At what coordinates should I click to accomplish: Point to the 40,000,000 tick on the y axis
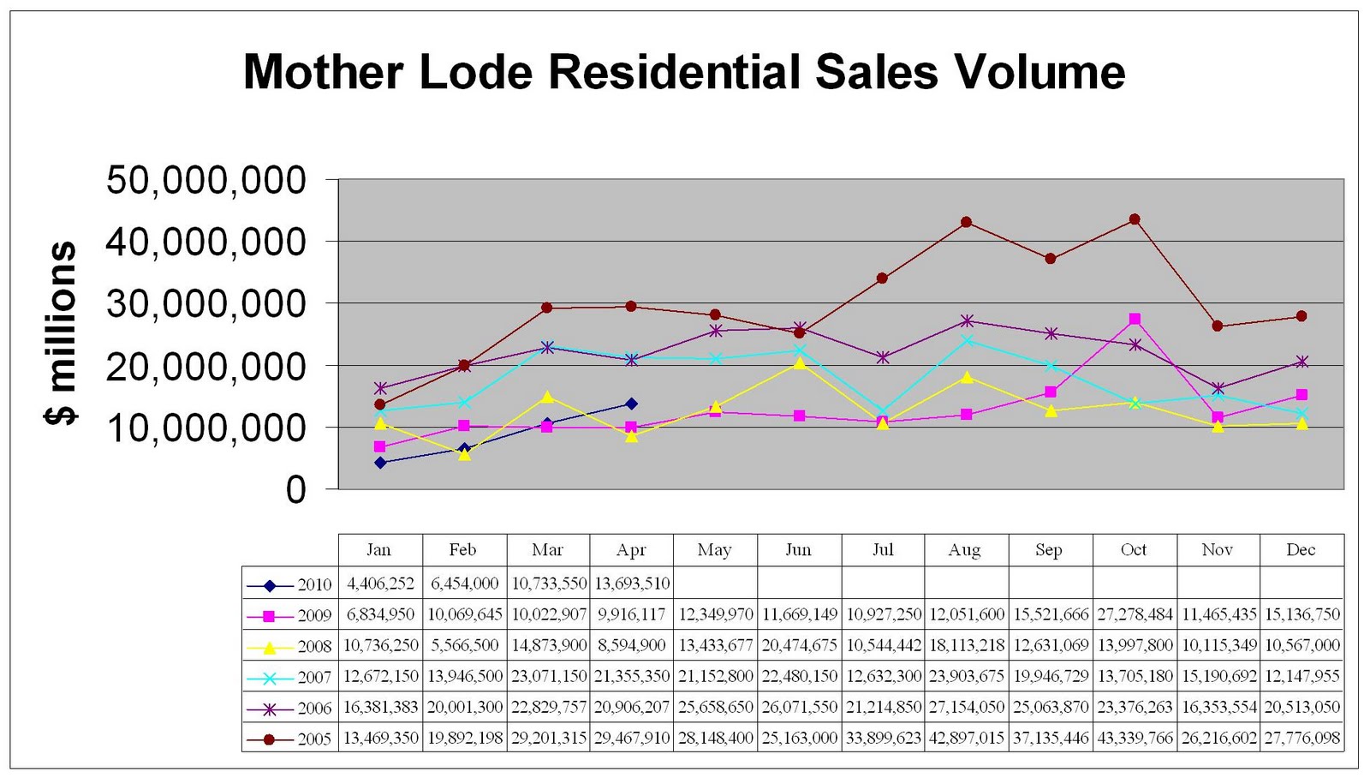(x=205, y=242)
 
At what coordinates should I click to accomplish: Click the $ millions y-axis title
(x=61, y=333)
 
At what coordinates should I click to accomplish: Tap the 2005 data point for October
(x=1135, y=219)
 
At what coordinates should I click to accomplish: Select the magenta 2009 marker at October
(x=1135, y=319)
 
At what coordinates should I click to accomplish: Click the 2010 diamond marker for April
(x=631, y=404)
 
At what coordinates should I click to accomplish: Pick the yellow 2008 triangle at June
(x=799, y=363)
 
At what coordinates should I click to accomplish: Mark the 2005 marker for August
(x=966, y=222)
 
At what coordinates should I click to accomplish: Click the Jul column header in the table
(x=882, y=550)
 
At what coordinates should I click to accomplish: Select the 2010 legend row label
(x=314, y=585)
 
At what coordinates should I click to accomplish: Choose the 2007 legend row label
(x=314, y=678)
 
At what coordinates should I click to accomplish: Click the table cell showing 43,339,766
(x=1135, y=739)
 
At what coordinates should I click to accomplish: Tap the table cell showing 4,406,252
(x=380, y=584)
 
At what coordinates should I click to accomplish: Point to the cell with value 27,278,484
(x=1135, y=615)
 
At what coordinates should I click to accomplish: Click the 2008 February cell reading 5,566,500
(x=464, y=646)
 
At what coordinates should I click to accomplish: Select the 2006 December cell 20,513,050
(x=1301, y=708)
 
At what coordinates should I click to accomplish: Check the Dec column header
(x=1301, y=550)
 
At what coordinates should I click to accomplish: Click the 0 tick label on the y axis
(x=295, y=490)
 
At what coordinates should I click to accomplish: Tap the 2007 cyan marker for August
(x=967, y=340)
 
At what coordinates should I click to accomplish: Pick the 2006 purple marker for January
(x=381, y=388)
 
